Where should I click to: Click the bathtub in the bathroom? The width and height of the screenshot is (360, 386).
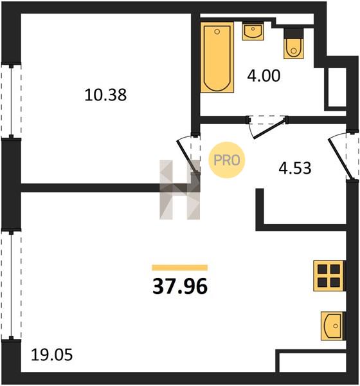coord(217,57)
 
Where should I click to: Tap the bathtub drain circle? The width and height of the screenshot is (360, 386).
coord(217,32)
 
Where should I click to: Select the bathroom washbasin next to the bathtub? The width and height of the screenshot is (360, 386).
coord(253,31)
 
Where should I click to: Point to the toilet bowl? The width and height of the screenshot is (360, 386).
coord(293,49)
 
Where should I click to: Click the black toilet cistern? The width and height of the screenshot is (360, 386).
coord(293,33)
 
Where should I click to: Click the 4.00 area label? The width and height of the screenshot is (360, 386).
coord(264,76)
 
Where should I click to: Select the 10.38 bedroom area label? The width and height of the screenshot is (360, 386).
coord(105,95)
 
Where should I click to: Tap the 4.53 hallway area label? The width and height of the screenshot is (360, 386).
coord(295,169)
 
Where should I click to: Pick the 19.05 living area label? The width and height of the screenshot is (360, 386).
coord(51,356)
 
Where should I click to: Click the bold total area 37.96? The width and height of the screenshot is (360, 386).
coord(180,287)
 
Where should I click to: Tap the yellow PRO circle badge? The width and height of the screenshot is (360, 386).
coord(227,160)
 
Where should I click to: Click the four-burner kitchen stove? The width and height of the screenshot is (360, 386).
coord(328,276)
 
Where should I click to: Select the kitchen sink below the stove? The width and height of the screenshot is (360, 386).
coord(332,326)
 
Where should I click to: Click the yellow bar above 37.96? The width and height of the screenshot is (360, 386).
coord(180,268)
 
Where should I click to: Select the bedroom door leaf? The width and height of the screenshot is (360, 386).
coord(188,155)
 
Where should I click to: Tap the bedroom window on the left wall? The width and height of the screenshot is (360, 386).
coord(11,100)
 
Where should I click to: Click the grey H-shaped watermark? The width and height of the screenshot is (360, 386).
coord(179,190)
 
